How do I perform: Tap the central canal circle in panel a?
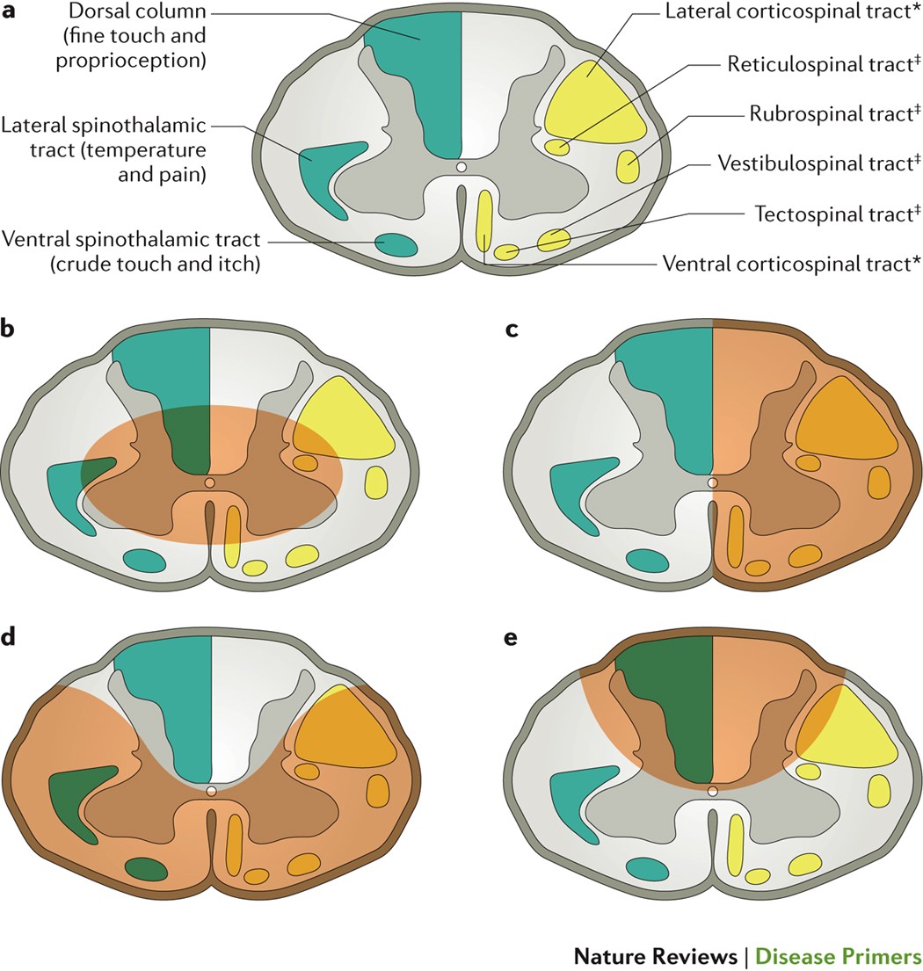click(461, 167)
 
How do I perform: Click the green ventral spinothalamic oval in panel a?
click(396, 244)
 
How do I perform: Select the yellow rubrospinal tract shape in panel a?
click(628, 165)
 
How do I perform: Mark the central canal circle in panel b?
click(209, 483)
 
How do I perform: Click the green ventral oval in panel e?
click(648, 868)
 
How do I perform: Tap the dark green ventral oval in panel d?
click(146, 868)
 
